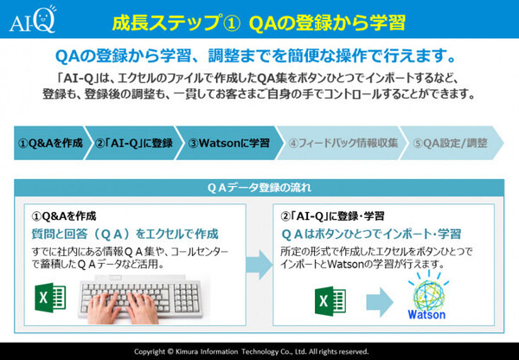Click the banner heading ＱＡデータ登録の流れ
[259, 188]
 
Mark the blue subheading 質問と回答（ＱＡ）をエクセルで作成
[125, 233]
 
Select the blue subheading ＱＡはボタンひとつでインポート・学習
[370, 233]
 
